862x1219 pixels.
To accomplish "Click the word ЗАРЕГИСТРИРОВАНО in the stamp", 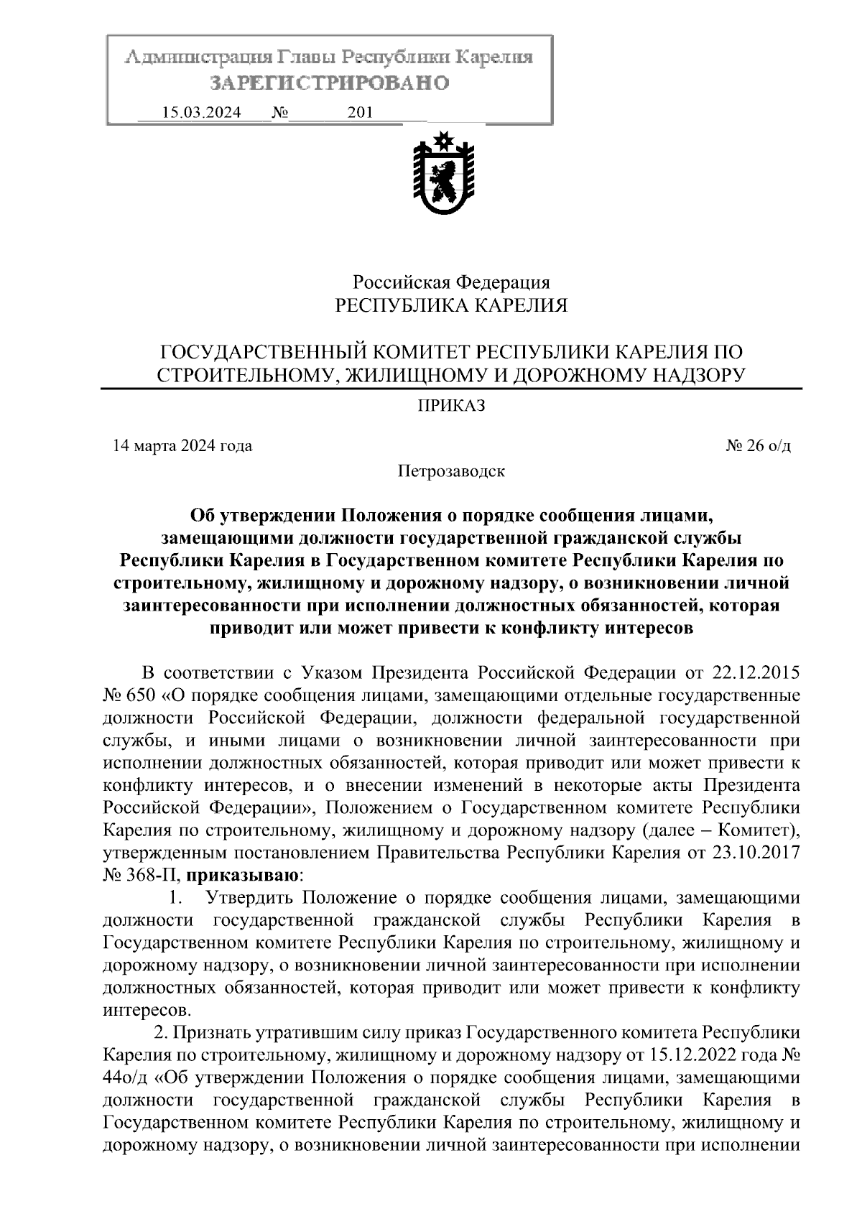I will pyautogui.click(x=329, y=83).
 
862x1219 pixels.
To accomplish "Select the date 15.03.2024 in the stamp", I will pyautogui.click(x=202, y=113).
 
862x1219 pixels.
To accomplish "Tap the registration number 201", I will pyautogui.click(x=359, y=113).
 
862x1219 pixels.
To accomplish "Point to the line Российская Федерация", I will pyautogui.click(x=450, y=282).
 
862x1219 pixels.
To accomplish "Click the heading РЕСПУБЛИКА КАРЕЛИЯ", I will pyautogui.click(x=452, y=307).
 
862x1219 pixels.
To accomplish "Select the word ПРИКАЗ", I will pyautogui.click(x=452, y=407).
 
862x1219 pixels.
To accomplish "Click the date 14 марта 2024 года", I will pyautogui.click(x=182, y=446).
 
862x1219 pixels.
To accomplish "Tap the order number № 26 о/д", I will pyautogui.click(x=758, y=446).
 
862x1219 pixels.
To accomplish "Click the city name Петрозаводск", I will pyautogui.click(x=451, y=472).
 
